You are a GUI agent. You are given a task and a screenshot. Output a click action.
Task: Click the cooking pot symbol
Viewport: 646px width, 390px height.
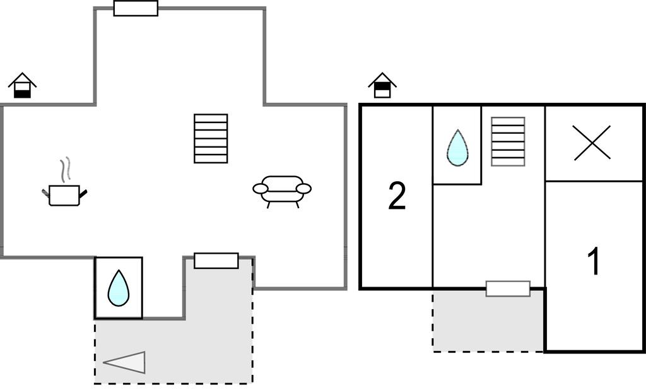[64, 195]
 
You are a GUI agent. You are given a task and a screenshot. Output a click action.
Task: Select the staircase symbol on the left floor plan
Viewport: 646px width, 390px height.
[211, 138]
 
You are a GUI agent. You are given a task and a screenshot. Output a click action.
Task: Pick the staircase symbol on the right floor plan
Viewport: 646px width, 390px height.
[508, 141]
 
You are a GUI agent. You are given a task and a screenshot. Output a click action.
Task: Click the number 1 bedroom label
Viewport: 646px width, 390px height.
[594, 262]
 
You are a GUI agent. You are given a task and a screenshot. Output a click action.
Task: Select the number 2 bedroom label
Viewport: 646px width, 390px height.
[397, 197]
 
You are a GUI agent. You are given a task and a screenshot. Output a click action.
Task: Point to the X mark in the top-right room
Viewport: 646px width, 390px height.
[592, 143]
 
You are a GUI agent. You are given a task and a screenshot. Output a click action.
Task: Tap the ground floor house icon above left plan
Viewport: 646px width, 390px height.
[22, 85]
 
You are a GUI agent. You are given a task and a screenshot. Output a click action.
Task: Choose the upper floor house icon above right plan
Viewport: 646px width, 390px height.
[382, 85]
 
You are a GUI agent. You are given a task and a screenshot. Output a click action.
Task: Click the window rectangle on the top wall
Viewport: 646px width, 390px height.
[136, 8]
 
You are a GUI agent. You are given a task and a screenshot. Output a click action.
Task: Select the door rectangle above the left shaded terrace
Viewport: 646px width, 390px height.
[216, 261]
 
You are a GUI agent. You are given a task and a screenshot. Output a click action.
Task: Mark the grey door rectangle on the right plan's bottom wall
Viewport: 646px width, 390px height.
[508, 289]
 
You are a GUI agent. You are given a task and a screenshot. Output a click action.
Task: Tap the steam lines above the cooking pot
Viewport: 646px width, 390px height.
[65, 170]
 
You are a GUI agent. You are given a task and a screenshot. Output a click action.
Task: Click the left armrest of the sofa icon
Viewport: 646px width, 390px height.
[260, 189]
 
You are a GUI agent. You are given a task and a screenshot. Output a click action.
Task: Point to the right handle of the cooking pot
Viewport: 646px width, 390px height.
[83, 193]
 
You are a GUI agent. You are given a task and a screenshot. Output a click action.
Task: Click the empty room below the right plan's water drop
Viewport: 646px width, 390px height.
[488, 233]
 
